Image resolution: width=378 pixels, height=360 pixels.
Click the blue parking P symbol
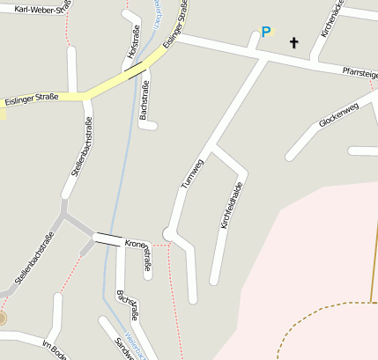coord(265,33)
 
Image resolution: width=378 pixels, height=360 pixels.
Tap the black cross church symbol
coord(293,41)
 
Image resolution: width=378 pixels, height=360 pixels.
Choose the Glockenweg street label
coord(338,117)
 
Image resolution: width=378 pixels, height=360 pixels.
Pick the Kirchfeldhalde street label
coord(231,205)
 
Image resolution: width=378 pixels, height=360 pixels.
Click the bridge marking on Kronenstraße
coord(107,239)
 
